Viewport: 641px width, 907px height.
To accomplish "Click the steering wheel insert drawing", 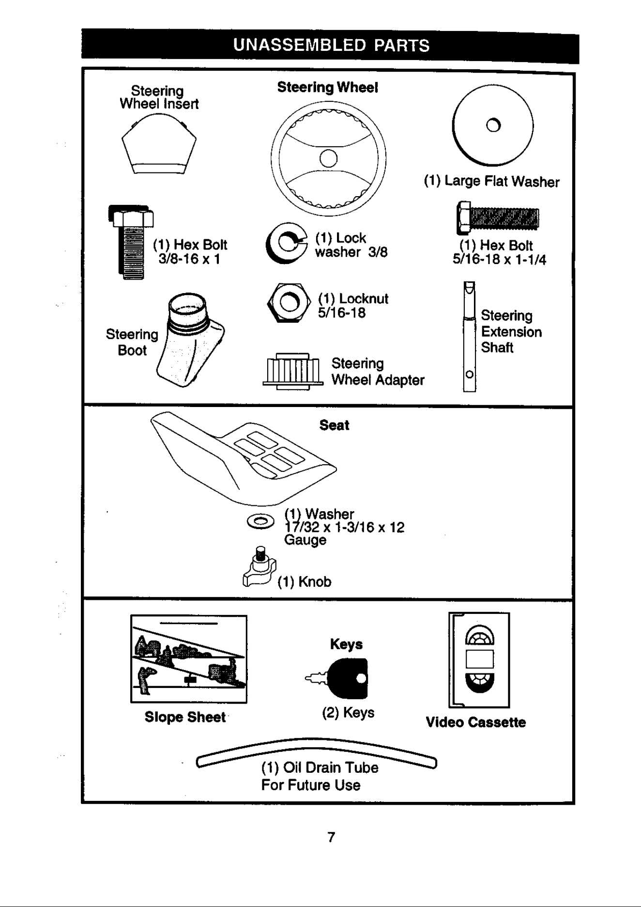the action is [x=159, y=143].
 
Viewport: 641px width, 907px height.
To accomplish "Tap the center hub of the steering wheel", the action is [x=328, y=158].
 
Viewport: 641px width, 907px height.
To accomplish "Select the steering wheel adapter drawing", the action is [x=293, y=371].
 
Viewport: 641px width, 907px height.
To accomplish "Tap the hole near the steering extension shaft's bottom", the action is [x=469, y=375].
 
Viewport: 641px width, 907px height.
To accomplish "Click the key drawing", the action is [x=341, y=677].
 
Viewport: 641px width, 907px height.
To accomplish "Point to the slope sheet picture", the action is [x=189, y=659].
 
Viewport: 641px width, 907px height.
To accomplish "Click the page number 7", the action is [x=332, y=837].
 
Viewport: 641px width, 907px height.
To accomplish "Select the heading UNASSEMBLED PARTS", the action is [x=331, y=46].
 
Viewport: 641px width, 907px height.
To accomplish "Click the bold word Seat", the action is [x=334, y=425].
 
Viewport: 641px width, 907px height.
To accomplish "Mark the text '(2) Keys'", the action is [x=348, y=713].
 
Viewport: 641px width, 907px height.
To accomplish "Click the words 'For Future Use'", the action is [x=311, y=785].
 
